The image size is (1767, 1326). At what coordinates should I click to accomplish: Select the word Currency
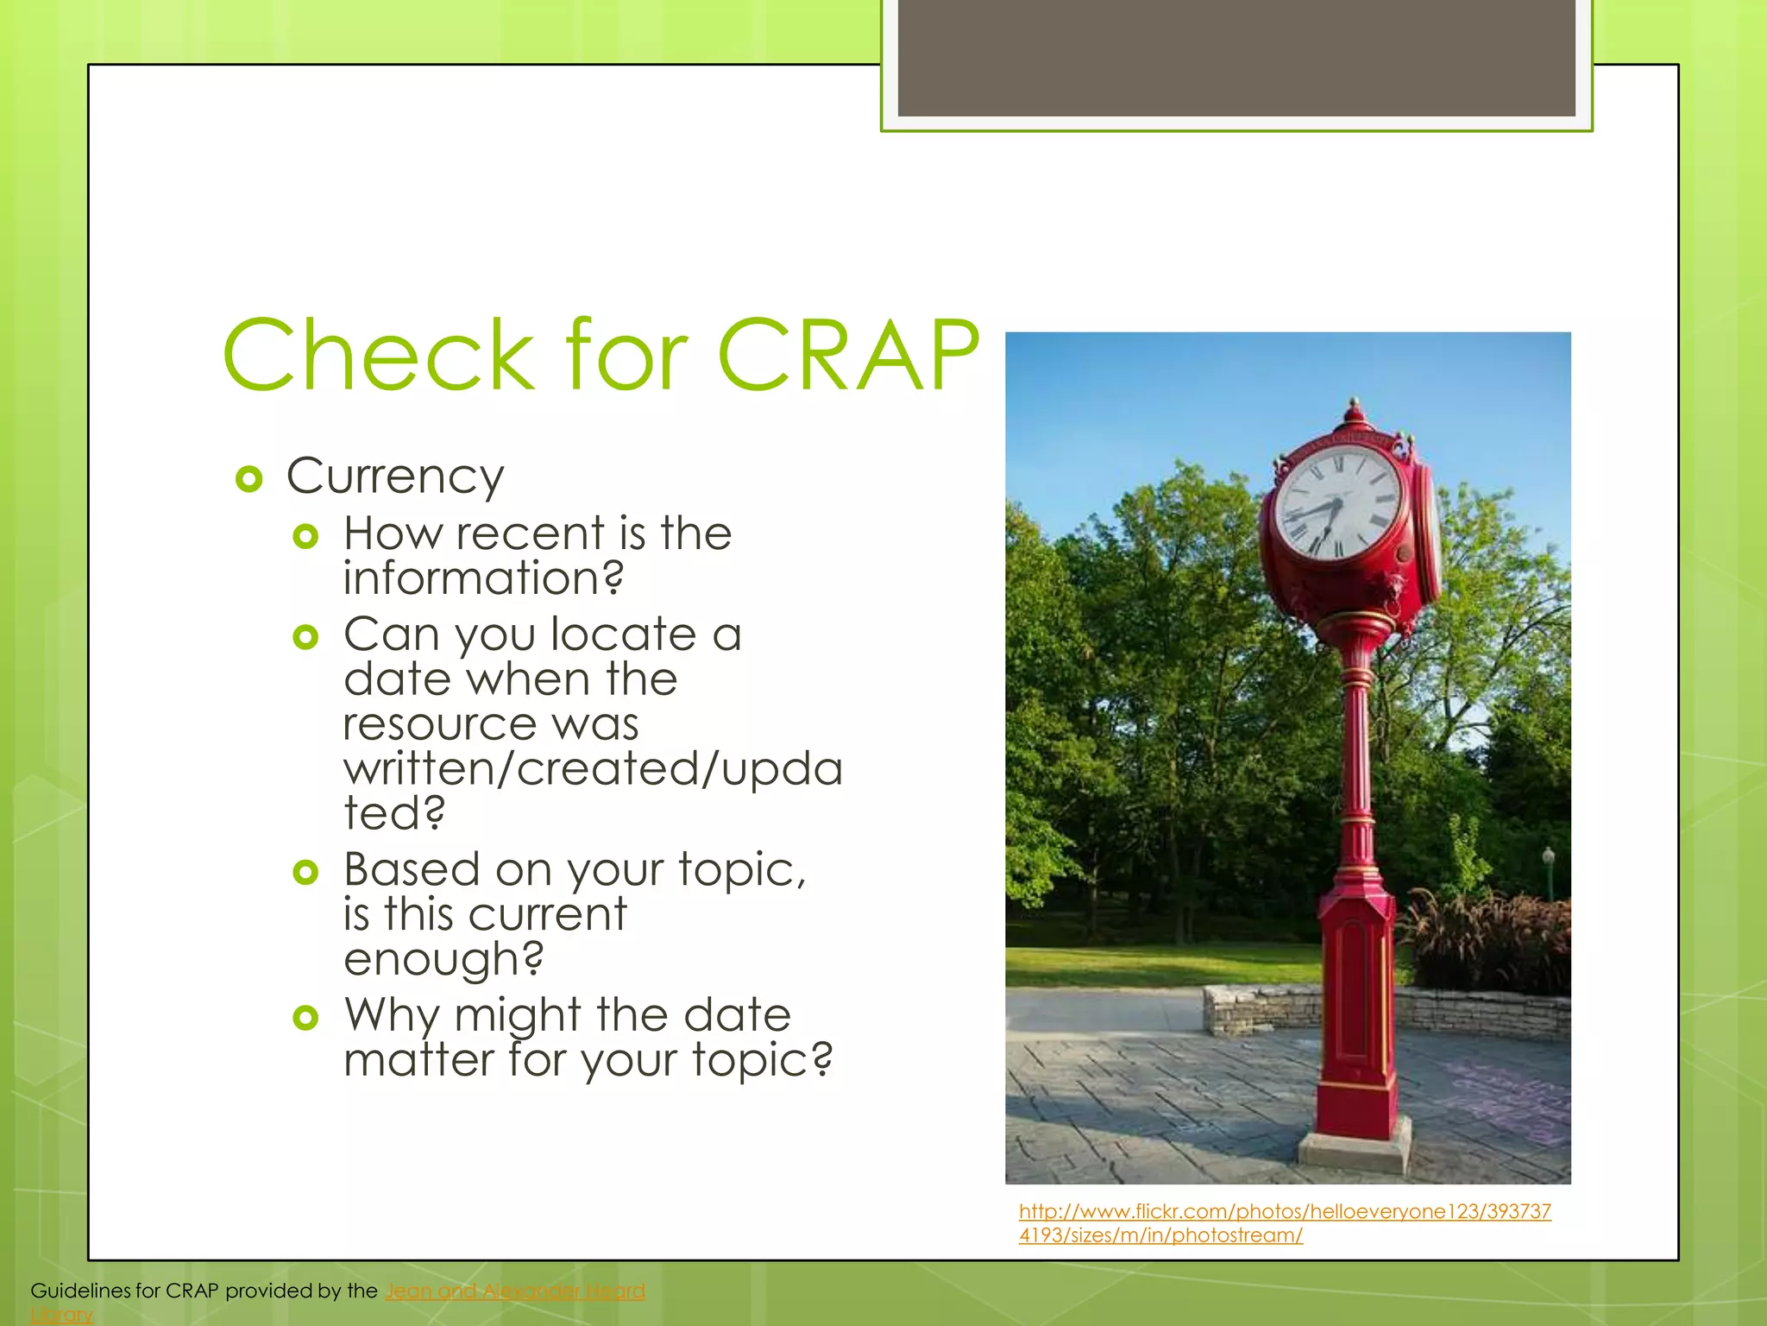coord(395,477)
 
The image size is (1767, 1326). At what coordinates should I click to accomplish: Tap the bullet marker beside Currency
coord(248,479)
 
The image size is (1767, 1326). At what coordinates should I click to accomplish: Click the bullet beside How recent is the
coord(305,537)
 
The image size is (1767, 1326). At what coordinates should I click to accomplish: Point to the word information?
coord(483,578)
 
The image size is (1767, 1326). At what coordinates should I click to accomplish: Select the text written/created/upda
coord(592,769)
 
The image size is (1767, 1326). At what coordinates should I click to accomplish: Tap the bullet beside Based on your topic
coord(305,872)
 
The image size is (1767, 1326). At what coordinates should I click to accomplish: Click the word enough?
coord(443,959)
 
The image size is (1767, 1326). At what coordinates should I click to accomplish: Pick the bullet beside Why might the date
coord(305,1018)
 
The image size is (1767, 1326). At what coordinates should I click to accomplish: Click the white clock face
coord(1336,504)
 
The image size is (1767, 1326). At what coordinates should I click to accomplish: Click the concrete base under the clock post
coord(1355,1148)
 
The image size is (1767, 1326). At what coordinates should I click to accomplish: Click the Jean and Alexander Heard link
coord(515,1291)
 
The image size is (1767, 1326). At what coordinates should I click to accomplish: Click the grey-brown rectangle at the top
coord(1236,57)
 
